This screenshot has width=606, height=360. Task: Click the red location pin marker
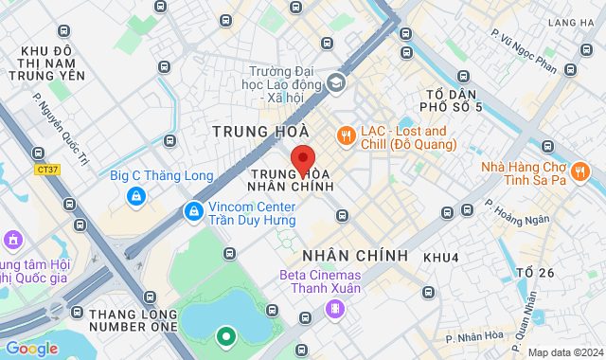[x=302, y=160]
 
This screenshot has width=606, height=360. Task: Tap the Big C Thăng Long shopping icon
[x=137, y=196]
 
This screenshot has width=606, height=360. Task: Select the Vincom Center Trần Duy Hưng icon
[x=193, y=211]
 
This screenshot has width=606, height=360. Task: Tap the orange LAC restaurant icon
[x=346, y=136]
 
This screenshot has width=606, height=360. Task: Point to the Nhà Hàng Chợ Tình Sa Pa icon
[x=581, y=171]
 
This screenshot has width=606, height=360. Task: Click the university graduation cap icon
[x=335, y=84]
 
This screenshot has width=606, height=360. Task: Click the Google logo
[x=30, y=348]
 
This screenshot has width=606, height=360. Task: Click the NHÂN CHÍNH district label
[x=355, y=256]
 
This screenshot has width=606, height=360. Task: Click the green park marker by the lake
[x=225, y=335]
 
